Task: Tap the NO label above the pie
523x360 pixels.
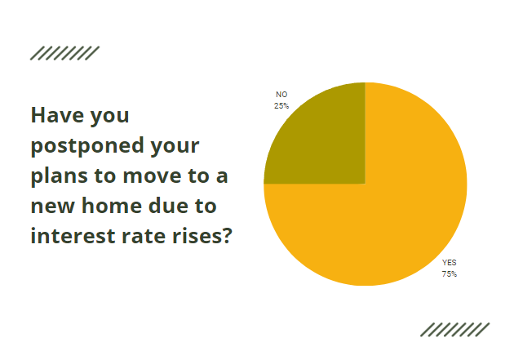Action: coord(281,95)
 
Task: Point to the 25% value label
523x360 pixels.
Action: coord(281,105)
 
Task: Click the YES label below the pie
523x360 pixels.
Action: coord(450,263)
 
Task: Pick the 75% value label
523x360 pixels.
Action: coord(450,274)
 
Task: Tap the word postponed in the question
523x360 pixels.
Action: coord(82,146)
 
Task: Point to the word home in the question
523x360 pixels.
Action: coord(110,206)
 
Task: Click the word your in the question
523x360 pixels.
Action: coord(175,146)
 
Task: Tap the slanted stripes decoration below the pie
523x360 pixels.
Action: coord(454,329)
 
